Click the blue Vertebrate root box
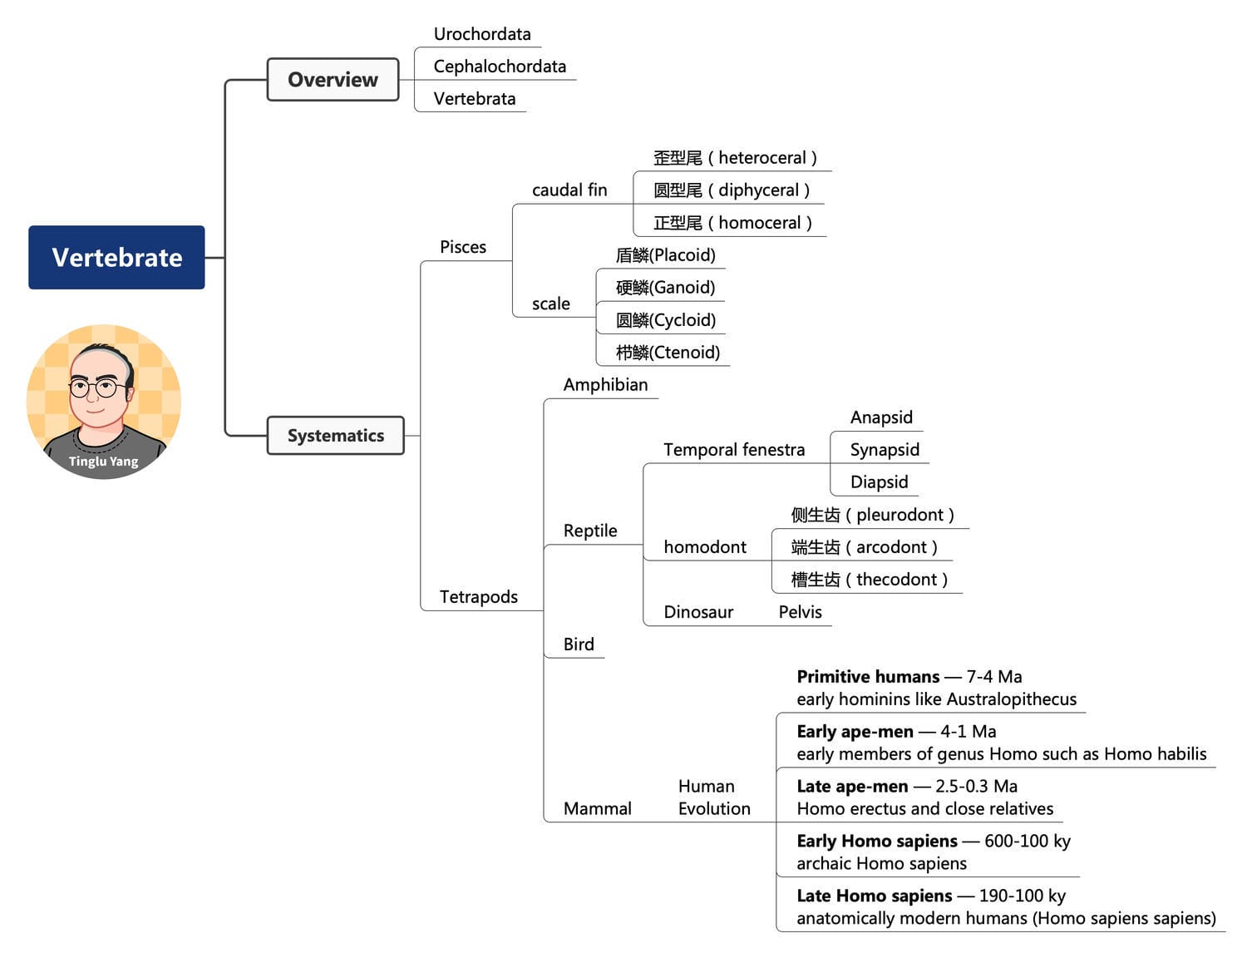pyautogui.click(x=116, y=257)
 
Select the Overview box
pyautogui.click(x=333, y=80)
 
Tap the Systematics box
pyautogui.click(x=335, y=436)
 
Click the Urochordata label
pyautogui.click(x=482, y=34)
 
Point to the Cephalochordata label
pyautogui.click(x=500, y=67)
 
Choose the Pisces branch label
pyautogui.click(x=463, y=247)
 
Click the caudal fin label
pyautogui.click(x=569, y=190)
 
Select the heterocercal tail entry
pyautogui.click(x=735, y=158)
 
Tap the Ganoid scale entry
pyautogui.click(x=665, y=288)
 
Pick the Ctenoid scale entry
pyautogui.click(x=668, y=353)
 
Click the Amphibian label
pyautogui.click(x=605, y=385)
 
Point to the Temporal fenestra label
pyautogui.click(x=734, y=450)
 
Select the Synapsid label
pyautogui.click(x=885, y=450)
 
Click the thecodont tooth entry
pyautogui.click(x=869, y=580)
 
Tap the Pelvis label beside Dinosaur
pyautogui.click(x=800, y=612)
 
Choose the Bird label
pyautogui.click(x=579, y=644)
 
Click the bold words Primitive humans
pyautogui.click(x=868, y=677)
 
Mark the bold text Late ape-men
pyautogui.click(x=852, y=787)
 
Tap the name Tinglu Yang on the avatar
pyautogui.click(x=103, y=462)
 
